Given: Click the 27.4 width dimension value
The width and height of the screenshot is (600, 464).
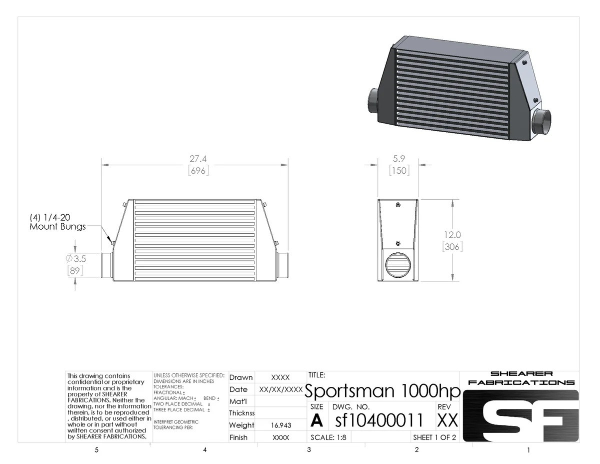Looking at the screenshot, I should [198, 159].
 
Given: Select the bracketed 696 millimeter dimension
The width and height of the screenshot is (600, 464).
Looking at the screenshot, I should [198, 171].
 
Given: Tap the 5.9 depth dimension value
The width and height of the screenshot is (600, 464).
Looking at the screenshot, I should [399, 158].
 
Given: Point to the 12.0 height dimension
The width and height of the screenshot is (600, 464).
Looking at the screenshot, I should [451, 235].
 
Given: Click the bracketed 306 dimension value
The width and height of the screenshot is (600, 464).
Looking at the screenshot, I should [452, 246].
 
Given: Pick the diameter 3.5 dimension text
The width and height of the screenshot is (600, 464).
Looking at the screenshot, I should [76, 259].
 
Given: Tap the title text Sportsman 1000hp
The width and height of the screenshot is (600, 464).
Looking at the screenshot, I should [382, 390].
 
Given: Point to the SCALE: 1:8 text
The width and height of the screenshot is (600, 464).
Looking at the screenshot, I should [328, 437].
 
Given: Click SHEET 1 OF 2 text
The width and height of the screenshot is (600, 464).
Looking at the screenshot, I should [434, 437].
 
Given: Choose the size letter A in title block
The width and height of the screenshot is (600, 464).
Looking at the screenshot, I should [316, 421].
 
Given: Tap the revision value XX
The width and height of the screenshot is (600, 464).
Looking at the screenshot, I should [447, 420].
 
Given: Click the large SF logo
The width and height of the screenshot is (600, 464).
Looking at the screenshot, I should [520, 416].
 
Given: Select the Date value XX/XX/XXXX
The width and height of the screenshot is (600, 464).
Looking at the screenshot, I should [280, 389].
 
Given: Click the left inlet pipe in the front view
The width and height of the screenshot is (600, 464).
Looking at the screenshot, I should [107, 265].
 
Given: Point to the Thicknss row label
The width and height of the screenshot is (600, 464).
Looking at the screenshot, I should [241, 413].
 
